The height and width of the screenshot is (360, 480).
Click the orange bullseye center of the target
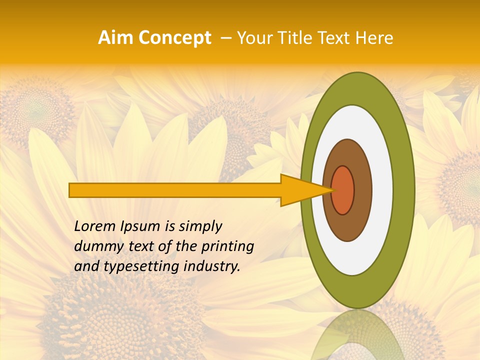(x=343, y=190)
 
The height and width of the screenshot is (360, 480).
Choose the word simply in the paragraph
(x=200, y=227)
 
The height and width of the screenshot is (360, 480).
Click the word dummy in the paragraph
(x=95, y=246)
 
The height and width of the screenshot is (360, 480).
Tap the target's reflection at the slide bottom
(x=357, y=337)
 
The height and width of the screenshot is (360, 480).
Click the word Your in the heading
(x=253, y=38)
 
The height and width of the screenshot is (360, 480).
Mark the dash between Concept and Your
(x=225, y=38)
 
